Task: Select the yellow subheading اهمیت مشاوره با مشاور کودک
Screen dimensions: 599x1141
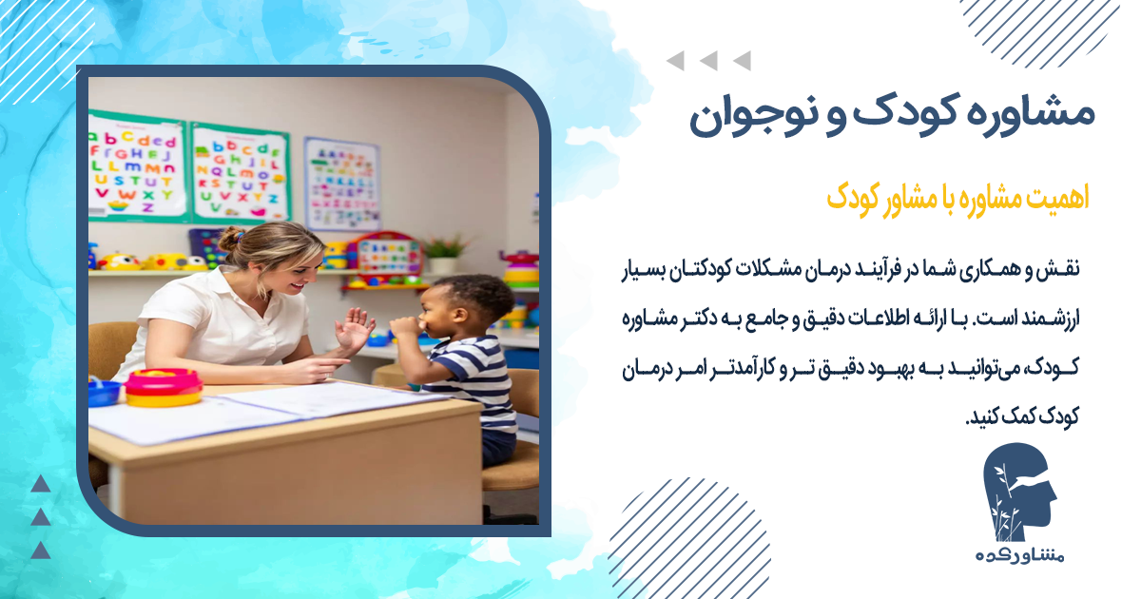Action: (957, 199)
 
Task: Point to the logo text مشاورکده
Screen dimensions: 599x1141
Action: (1017, 556)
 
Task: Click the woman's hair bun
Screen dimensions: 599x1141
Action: (231, 239)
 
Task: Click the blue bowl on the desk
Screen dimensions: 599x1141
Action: (104, 392)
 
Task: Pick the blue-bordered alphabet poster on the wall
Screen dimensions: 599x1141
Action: (341, 184)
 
